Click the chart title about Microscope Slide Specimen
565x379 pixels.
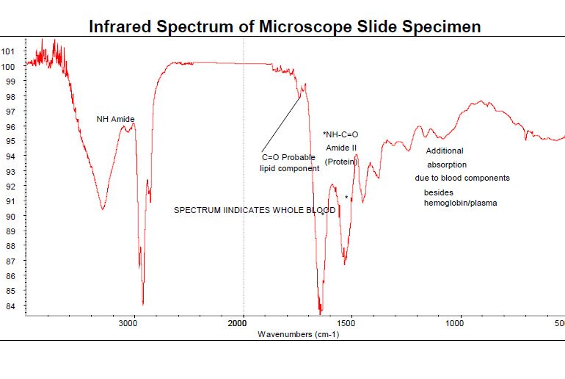click(285, 27)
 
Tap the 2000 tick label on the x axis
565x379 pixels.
click(242, 323)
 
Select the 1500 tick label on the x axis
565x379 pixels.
click(351, 323)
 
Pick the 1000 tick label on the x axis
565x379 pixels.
click(459, 323)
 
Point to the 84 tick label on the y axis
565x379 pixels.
click(10, 306)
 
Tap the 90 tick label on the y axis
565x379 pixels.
click(10, 217)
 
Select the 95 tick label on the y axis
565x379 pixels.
click(10, 141)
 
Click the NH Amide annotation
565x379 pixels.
click(116, 119)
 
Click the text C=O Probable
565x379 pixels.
click(288, 158)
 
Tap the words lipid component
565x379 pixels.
click(290, 168)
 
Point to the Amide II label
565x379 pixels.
click(341, 148)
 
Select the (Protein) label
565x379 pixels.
click(340, 162)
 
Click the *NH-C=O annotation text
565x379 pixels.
click(340, 134)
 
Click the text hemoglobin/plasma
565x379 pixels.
click(460, 203)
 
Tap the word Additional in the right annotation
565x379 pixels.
click(445, 151)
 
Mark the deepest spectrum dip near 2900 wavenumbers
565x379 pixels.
click(142, 303)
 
